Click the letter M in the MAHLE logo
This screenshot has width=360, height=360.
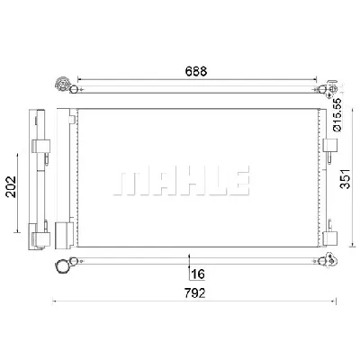(127, 180)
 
